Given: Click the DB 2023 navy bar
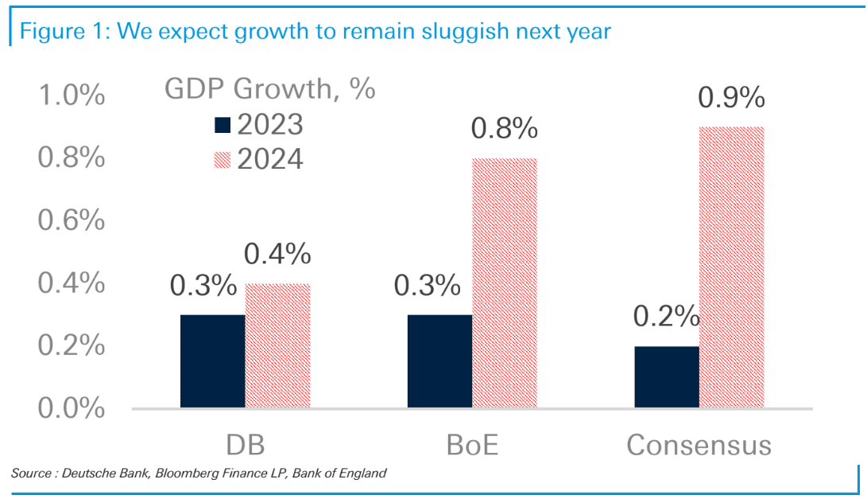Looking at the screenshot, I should click(212, 361).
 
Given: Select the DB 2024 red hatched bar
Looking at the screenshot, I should click(277, 346).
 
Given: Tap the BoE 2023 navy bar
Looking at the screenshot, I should click(439, 361).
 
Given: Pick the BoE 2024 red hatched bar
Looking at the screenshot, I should click(505, 283).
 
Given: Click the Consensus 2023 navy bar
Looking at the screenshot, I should click(666, 377).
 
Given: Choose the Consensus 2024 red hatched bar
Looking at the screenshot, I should click(731, 267).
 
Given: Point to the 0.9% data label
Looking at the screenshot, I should click(731, 99).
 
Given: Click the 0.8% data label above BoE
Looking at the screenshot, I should click(505, 130).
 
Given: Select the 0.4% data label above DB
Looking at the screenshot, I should click(277, 255).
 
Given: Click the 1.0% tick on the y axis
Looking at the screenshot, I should click(72, 96).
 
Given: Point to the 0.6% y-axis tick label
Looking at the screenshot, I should click(72, 220).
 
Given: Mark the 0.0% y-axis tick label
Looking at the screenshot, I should click(72, 408).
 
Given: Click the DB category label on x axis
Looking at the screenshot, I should click(245, 444).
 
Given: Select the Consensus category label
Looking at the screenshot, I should click(699, 444).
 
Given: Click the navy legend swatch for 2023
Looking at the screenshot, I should click(222, 125).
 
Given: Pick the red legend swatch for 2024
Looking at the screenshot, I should click(222, 159).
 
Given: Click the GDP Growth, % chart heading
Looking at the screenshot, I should click(270, 89).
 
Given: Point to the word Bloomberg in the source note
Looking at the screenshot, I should click(183, 474).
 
